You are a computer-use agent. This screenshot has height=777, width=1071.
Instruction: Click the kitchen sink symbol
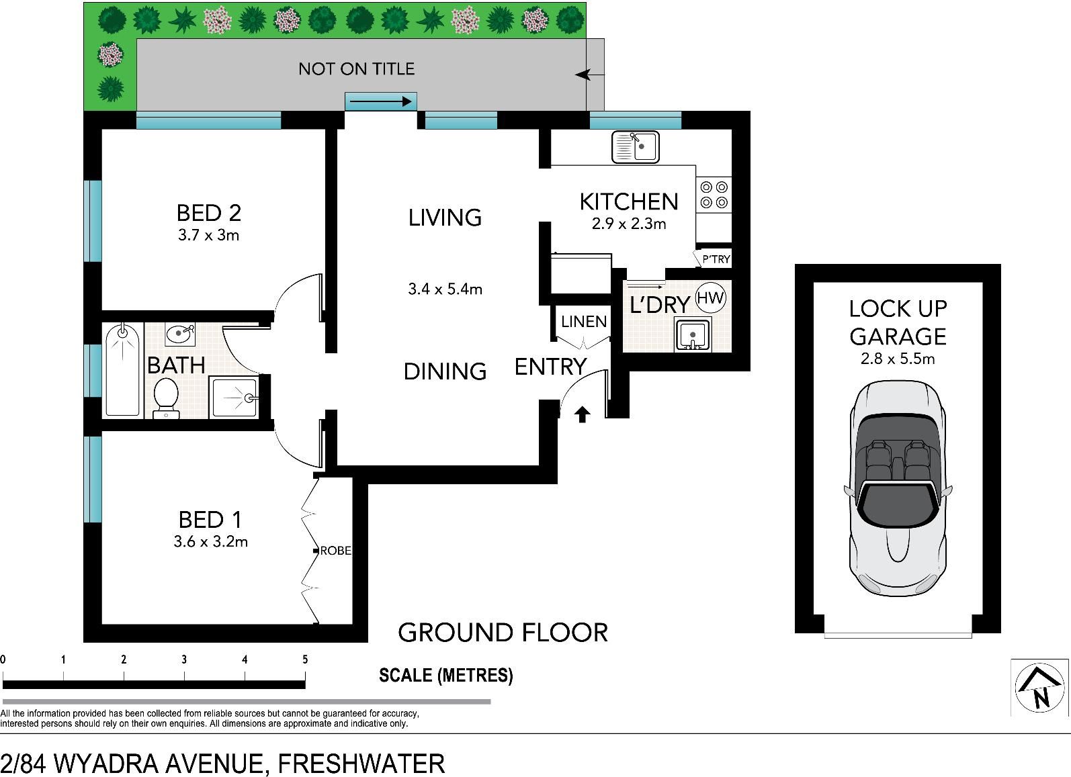tap(636, 146)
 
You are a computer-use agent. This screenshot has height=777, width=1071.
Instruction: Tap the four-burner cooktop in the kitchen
tap(714, 195)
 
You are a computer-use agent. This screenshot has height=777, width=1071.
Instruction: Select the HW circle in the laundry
tap(710, 298)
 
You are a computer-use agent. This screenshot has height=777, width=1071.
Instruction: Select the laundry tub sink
tap(692, 334)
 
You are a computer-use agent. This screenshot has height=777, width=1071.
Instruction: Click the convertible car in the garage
tap(898, 488)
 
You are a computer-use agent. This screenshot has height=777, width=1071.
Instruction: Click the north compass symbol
tap(1039, 688)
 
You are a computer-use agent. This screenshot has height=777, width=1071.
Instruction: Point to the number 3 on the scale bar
tap(184, 660)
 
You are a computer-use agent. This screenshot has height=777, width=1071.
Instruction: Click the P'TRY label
tap(716, 259)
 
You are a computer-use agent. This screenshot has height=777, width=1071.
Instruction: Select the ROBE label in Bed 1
tap(336, 551)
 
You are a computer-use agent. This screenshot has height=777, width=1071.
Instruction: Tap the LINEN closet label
tap(584, 322)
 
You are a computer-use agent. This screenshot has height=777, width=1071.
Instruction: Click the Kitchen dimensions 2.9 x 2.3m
tap(629, 224)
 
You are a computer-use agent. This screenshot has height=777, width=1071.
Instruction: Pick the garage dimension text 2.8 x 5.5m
tap(898, 359)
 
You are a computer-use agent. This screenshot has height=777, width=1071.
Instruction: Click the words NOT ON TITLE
tap(356, 69)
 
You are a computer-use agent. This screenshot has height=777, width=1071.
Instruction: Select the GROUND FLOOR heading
tap(503, 633)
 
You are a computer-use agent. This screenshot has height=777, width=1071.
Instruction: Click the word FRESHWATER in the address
tap(361, 763)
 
